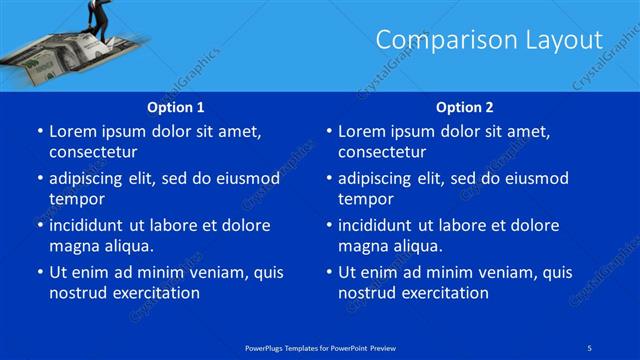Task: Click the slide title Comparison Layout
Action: (489, 40)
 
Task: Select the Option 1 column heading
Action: (176, 107)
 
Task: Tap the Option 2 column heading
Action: (464, 107)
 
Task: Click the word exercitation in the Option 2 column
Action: (443, 292)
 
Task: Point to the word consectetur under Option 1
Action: (93, 152)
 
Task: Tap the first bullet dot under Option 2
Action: (328, 132)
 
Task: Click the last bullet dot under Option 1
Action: (39, 272)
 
